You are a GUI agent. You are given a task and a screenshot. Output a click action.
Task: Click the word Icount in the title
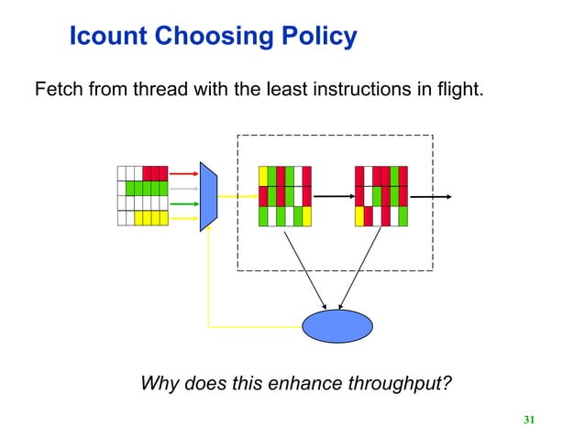(x=108, y=37)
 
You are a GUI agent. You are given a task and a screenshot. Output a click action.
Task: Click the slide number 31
(x=528, y=420)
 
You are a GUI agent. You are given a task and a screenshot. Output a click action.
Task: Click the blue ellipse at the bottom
(x=337, y=325)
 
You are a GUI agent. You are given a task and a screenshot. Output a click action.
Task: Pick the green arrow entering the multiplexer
(x=184, y=203)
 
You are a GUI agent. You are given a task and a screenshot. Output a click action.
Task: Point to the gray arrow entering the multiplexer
(x=184, y=188)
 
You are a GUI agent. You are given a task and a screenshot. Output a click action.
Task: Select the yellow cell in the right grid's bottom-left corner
(x=359, y=216)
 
